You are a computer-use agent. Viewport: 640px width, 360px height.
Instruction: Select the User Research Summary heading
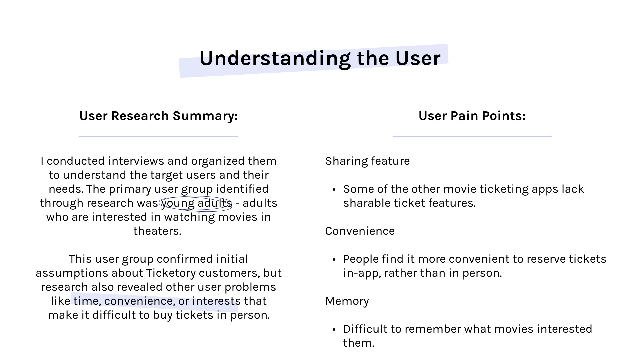coord(158,116)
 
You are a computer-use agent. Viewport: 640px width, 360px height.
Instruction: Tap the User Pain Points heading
coord(472,116)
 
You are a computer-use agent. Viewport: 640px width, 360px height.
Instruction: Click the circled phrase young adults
coord(196,203)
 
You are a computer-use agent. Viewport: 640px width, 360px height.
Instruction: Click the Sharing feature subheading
coord(367,161)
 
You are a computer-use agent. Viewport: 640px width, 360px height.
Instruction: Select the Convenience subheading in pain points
coord(360,231)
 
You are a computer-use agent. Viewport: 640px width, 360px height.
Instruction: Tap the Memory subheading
coord(347,301)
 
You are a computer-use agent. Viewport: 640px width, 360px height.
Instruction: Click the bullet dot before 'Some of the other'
coord(334,190)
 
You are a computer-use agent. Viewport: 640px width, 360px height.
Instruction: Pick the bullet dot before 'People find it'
coord(334,260)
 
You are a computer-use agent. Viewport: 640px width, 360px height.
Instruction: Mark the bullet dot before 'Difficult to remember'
coord(334,330)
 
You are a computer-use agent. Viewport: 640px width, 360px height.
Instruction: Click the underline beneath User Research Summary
coord(158,136)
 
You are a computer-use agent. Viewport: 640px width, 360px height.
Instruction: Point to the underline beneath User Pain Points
coord(472,136)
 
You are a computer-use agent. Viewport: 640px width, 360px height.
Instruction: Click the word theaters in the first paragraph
coord(157,231)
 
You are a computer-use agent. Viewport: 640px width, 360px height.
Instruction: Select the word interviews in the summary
coord(136,161)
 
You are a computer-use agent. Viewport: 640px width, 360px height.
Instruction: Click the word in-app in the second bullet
coord(362,273)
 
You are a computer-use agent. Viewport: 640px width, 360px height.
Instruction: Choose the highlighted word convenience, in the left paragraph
coord(139,301)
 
